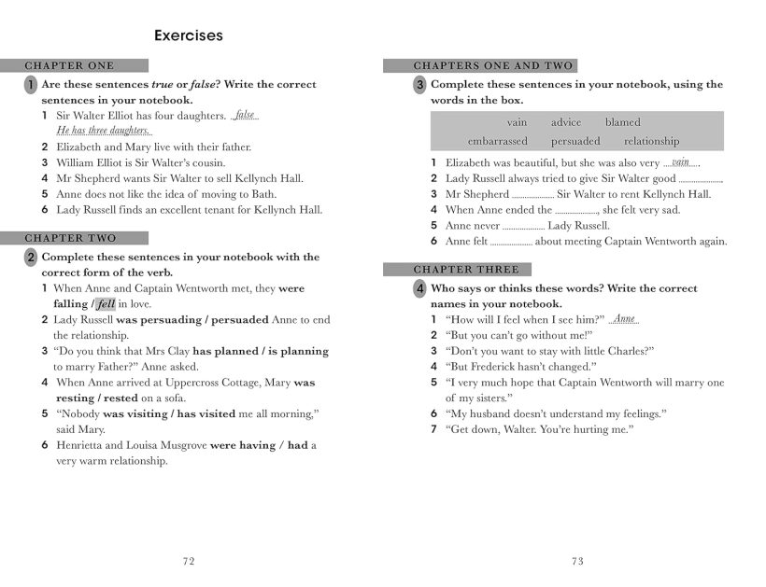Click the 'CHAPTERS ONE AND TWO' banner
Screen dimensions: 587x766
(x=479, y=66)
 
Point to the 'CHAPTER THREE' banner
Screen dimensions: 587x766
(x=457, y=270)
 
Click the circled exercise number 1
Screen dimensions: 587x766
(x=31, y=85)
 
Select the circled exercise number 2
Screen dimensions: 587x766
(x=31, y=257)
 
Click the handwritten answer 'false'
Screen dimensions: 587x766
(x=245, y=116)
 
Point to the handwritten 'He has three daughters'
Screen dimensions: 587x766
(x=103, y=131)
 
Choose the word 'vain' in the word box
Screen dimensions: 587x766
(x=517, y=122)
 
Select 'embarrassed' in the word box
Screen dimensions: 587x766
(x=497, y=141)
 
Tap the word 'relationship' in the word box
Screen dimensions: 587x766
(x=651, y=141)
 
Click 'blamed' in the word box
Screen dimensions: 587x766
(x=622, y=122)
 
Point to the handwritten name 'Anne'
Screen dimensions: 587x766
(x=624, y=319)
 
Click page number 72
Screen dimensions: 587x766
(x=189, y=561)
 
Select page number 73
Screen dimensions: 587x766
(x=576, y=561)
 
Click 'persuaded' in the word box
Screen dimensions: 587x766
(x=575, y=141)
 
